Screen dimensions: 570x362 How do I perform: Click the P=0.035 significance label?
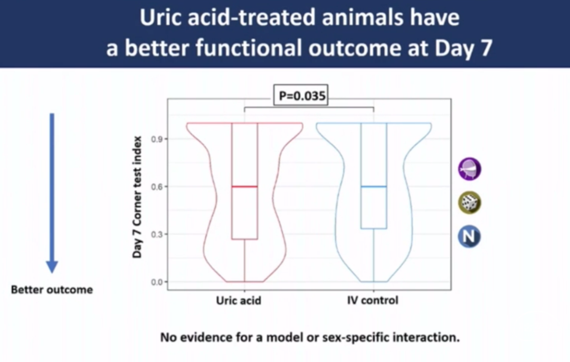coord(301,96)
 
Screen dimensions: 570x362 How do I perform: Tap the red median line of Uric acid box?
coord(245,187)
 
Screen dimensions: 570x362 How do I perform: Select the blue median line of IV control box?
coord(374,187)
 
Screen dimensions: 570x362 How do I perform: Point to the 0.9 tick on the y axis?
coord(157,139)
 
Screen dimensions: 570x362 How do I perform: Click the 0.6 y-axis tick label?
coord(157,187)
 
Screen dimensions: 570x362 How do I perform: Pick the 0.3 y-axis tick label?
coord(157,234)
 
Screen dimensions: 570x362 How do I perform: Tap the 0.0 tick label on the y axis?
coord(157,282)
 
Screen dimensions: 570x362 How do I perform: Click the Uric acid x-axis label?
coord(239,301)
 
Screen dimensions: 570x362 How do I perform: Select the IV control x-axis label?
coord(373,301)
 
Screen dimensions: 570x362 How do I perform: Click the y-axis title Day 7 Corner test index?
coord(137,197)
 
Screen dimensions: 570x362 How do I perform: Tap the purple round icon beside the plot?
coord(469,169)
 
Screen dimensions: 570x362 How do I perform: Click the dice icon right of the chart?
coord(469,202)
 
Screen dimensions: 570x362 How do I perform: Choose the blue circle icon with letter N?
coord(469,236)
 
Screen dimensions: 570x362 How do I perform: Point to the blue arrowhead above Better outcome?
coord(52,267)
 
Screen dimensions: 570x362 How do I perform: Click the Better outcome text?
coord(52,290)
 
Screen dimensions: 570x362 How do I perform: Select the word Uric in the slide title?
coord(161,17)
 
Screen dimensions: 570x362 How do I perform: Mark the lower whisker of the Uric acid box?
coord(245,261)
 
